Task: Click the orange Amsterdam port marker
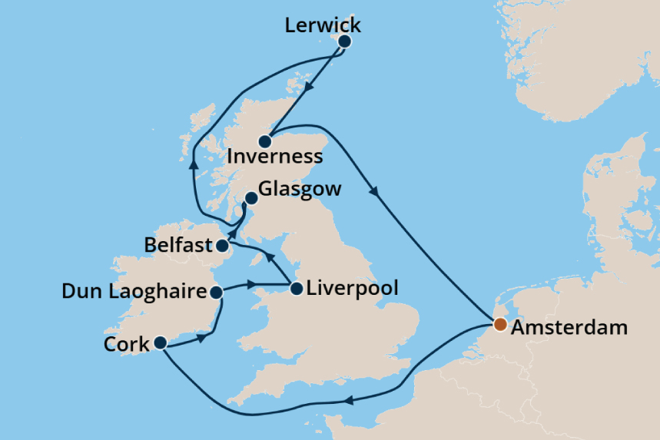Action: click(499, 325)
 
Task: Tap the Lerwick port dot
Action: click(344, 41)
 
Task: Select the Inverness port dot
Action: click(265, 141)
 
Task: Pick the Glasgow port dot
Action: click(250, 198)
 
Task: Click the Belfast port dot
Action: click(221, 246)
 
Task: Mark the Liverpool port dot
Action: click(296, 289)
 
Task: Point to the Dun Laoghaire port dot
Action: click(217, 292)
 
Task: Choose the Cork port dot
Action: click(160, 342)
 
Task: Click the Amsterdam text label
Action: click(569, 327)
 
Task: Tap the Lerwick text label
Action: click(322, 25)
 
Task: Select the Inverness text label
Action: click(275, 157)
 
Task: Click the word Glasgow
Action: click(300, 189)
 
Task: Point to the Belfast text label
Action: click(177, 246)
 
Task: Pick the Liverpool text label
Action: click(352, 289)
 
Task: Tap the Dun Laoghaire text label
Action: click(134, 292)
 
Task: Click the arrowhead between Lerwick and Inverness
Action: click(309, 88)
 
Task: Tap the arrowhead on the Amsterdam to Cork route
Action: click(347, 400)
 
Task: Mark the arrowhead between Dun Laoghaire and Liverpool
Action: click(251, 286)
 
